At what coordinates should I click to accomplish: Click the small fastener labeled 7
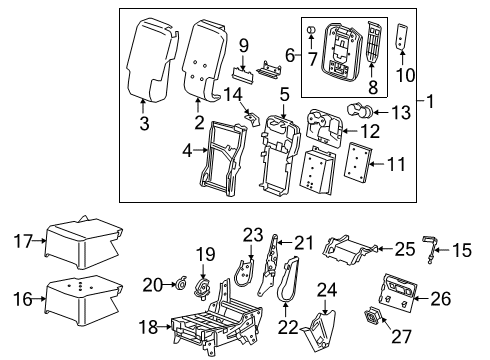(312, 32)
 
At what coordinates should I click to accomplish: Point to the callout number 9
(243, 45)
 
